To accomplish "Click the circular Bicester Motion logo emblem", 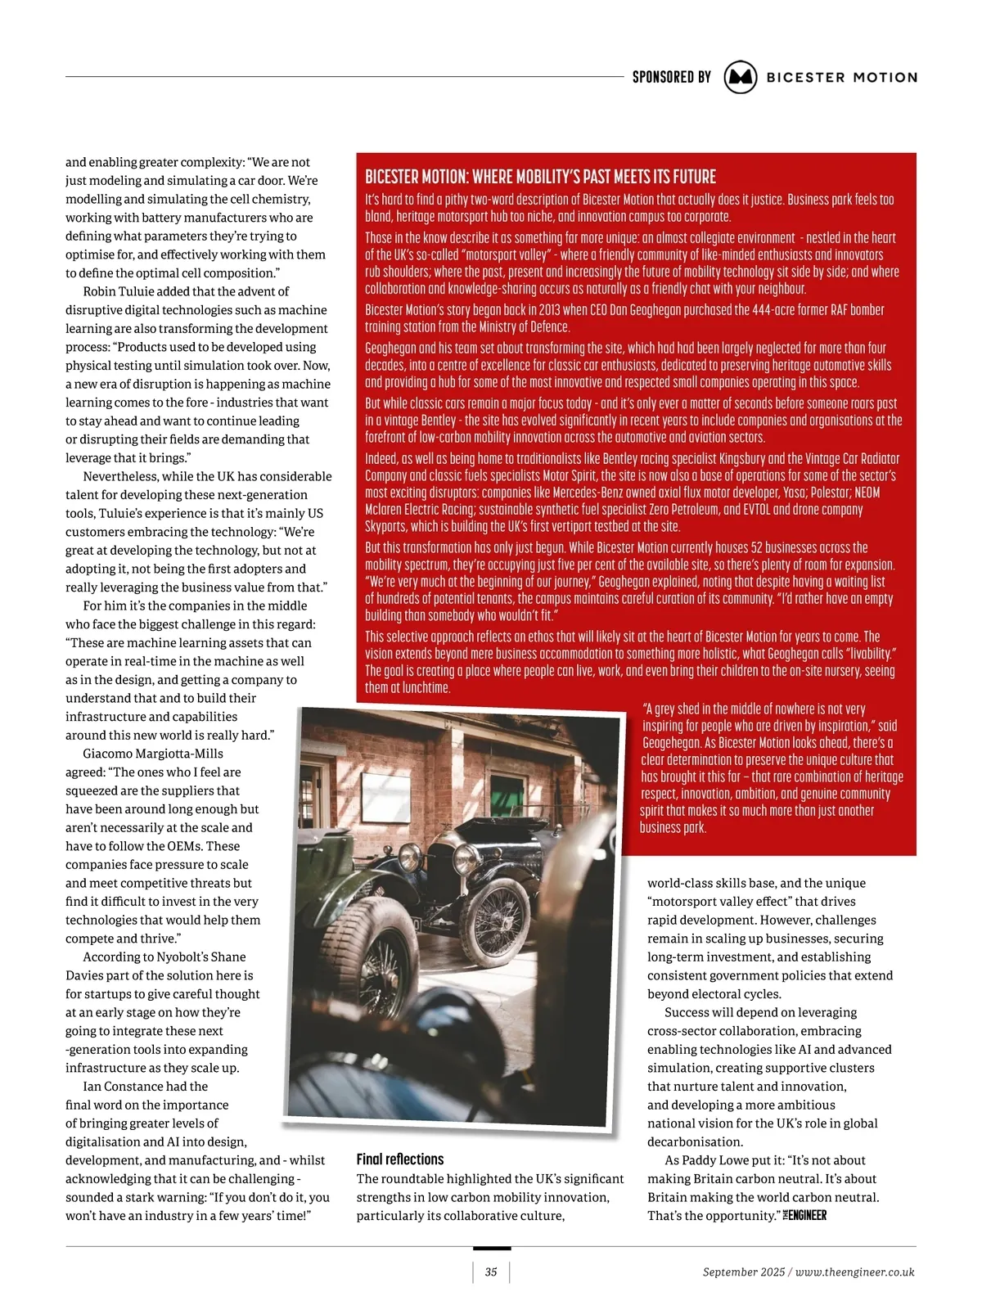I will tap(741, 77).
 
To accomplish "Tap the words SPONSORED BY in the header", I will tap(671, 77).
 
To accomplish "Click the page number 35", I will tap(491, 1272).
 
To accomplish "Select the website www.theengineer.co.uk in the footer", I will tap(854, 1272).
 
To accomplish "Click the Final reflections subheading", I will tap(400, 1159).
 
